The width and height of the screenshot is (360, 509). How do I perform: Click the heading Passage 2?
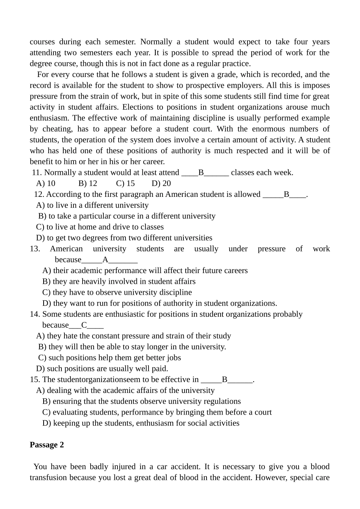[x=47, y=445]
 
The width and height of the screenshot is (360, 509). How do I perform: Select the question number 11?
[x=37, y=173]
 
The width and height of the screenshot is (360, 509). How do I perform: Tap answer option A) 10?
[x=45, y=184]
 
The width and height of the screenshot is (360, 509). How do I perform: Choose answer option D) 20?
[x=161, y=184]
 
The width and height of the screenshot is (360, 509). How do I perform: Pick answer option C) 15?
[x=125, y=184]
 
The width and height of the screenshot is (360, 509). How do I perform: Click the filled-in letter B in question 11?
[x=201, y=173]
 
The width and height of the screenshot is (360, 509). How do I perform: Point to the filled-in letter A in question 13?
[x=105, y=260]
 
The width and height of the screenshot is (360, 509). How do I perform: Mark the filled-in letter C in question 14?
[x=84, y=325]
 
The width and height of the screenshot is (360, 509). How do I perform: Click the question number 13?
[x=35, y=249]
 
